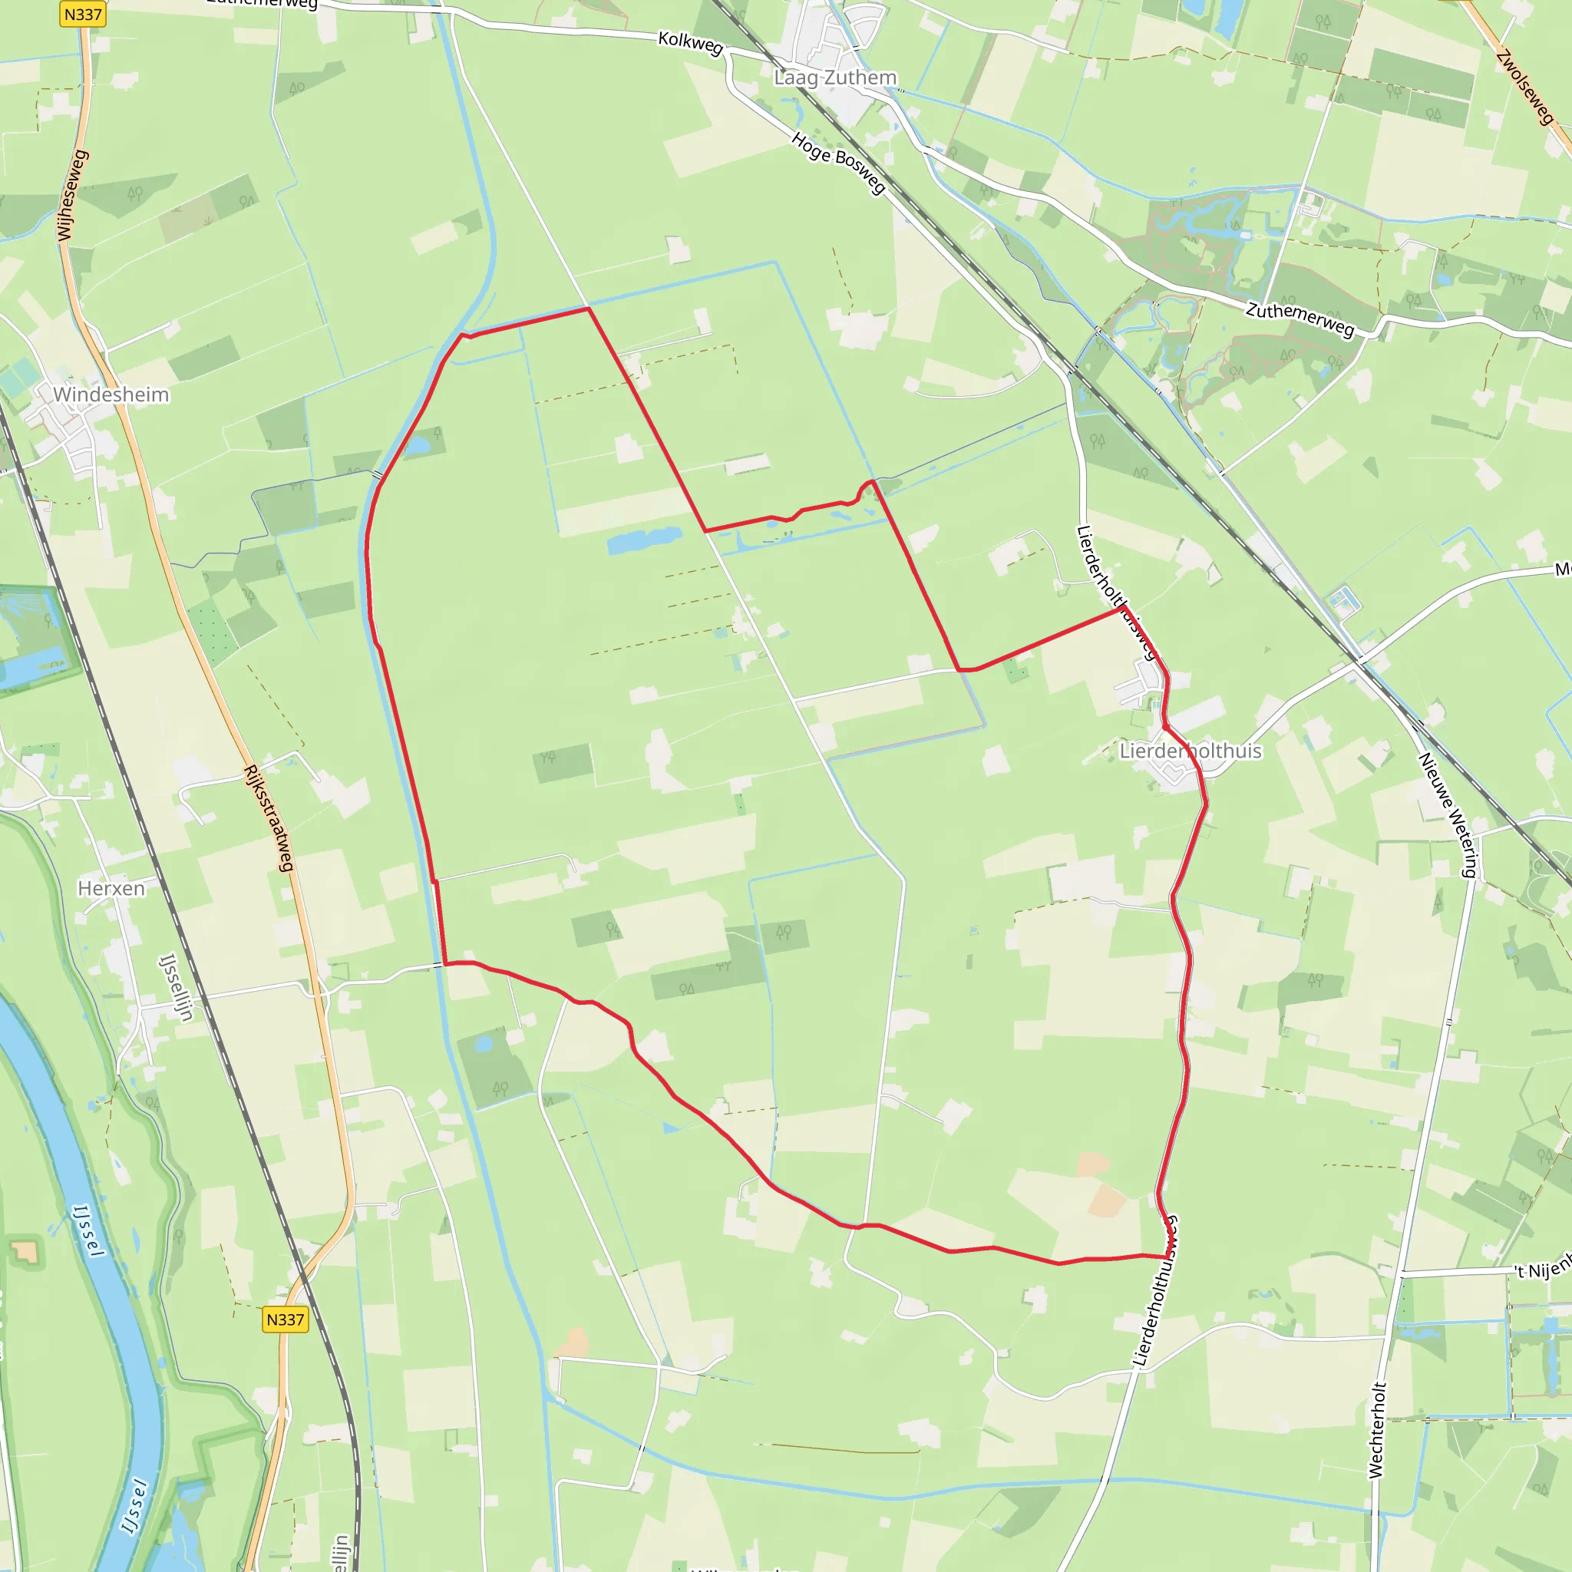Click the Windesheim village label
(x=111, y=395)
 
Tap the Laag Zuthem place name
(x=835, y=78)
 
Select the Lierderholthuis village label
(x=1190, y=750)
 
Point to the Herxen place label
(x=111, y=888)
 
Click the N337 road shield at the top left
(x=83, y=14)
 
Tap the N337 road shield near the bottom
(x=285, y=1319)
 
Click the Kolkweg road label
(x=691, y=42)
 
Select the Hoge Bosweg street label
(x=838, y=163)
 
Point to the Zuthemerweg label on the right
(x=1300, y=319)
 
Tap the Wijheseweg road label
(x=72, y=195)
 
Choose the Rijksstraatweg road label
(x=269, y=817)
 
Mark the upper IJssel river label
(x=89, y=1230)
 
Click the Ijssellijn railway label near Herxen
(x=177, y=987)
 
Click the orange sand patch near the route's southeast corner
(x=1106, y=1201)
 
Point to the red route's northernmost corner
(x=588, y=309)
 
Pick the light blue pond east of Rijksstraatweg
(x=484, y=1043)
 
